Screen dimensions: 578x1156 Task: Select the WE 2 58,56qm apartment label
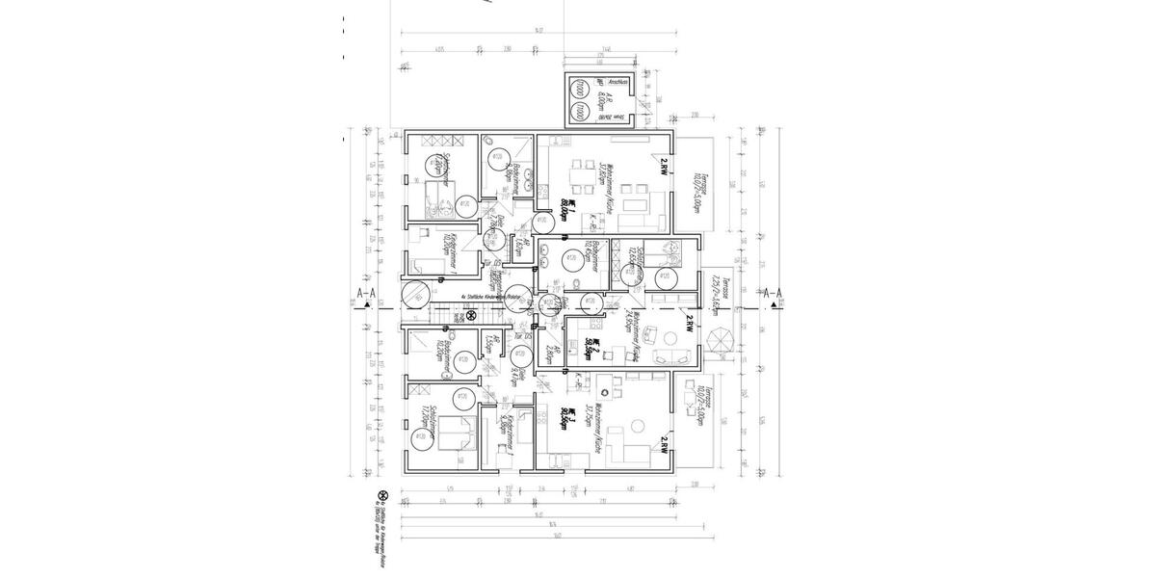(597, 350)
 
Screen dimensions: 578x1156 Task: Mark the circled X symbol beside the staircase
(471, 314)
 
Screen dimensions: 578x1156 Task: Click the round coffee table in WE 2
(648, 336)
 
